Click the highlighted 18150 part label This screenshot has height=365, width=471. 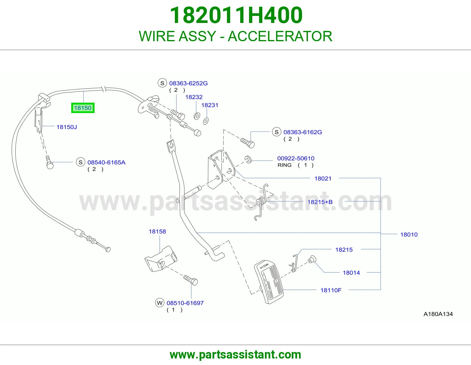pyautogui.click(x=83, y=108)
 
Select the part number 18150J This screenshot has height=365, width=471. pyautogui.click(x=67, y=127)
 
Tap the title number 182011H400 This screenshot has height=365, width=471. pyautogui.click(x=236, y=15)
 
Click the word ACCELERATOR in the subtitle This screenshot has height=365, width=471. pyautogui.click(x=280, y=36)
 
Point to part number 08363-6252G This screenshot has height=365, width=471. pyautogui.click(x=188, y=83)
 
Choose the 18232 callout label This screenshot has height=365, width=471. pyautogui.click(x=194, y=97)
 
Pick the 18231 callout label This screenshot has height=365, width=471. pyautogui.click(x=210, y=105)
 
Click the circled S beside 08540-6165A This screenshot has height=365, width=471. pyautogui.click(x=80, y=162)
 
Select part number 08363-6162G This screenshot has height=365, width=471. pyautogui.click(x=303, y=132)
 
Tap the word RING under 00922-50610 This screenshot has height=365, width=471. pyautogui.click(x=284, y=165)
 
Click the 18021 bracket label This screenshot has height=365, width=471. pyautogui.click(x=323, y=179)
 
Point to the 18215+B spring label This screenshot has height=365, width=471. pyautogui.click(x=320, y=202)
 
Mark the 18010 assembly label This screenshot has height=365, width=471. pyautogui.click(x=409, y=235)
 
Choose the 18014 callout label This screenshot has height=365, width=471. pyautogui.click(x=351, y=273)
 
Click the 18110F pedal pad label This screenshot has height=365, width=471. pyautogui.click(x=331, y=290)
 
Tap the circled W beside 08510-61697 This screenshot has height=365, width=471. pyautogui.click(x=160, y=303)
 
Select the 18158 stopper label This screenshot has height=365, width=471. pyautogui.click(x=157, y=231)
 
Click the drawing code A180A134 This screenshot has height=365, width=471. pyautogui.click(x=438, y=314)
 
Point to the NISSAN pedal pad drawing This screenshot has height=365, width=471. pyautogui.click(x=269, y=282)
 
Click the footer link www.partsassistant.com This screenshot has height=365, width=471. pyautogui.click(x=235, y=355)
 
